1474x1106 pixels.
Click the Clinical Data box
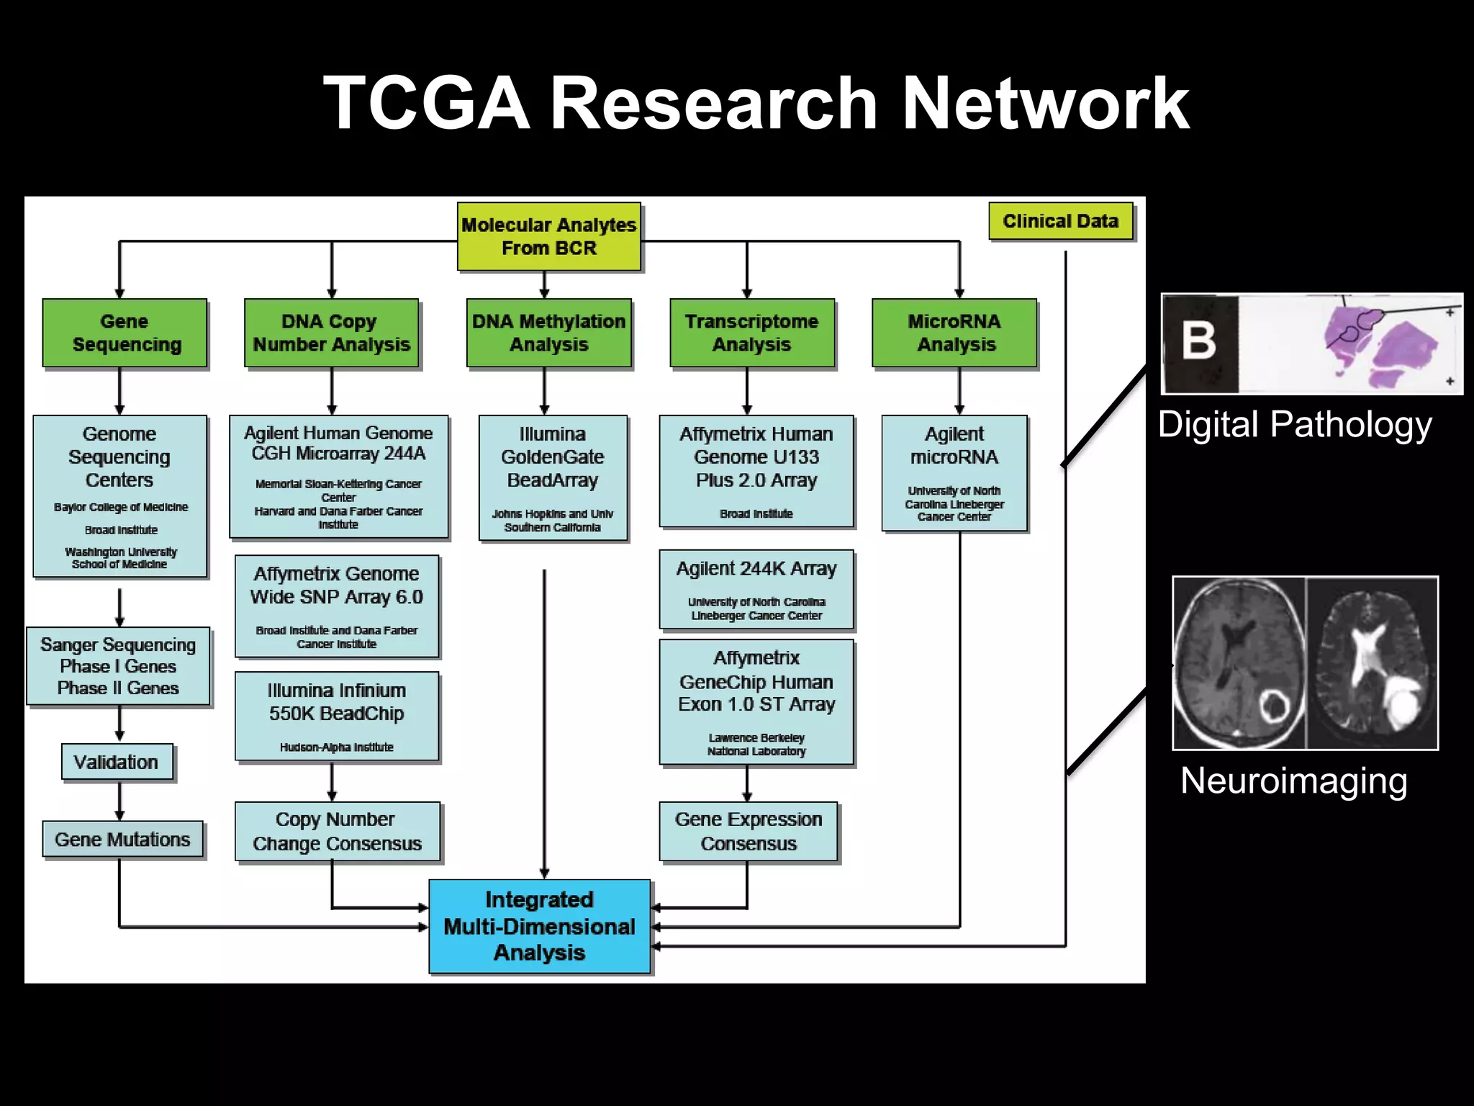click(1060, 221)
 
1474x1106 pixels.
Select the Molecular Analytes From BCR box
click(548, 236)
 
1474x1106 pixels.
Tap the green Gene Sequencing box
click(125, 333)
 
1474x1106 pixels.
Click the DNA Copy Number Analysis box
click(331, 333)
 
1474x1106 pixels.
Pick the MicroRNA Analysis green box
click(954, 333)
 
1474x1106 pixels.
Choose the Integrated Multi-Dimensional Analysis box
click(539, 926)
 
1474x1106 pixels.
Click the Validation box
click(117, 762)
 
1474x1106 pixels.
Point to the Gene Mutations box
click(122, 840)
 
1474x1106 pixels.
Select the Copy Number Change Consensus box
click(337, 832)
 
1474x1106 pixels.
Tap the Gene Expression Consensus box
click(749, 832)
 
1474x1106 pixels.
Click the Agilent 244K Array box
click(756, 589)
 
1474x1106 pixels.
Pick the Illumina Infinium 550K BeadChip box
click(336, 716)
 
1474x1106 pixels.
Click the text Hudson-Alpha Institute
click(336, 747)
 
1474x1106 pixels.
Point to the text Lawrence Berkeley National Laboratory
click(756, 745)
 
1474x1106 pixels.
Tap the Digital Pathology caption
click(1294, 425)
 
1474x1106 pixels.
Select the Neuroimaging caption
click(1293, 781)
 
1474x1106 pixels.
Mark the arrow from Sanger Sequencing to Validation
click(119, 724)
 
